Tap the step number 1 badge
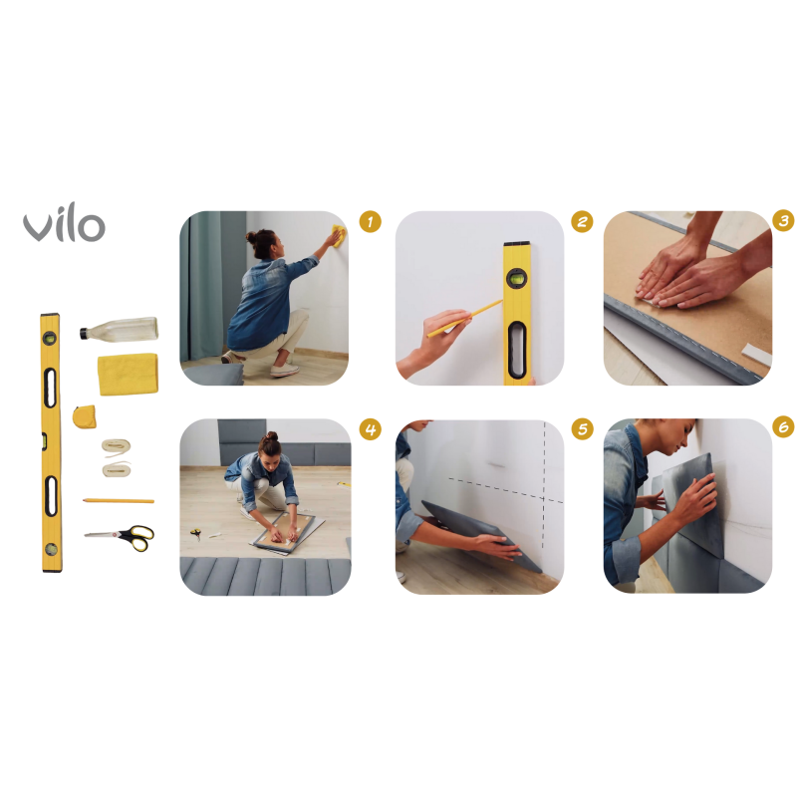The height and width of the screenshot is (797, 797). (370, 221)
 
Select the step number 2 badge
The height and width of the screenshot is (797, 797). (582, 221)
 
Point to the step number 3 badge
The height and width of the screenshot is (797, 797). (783, 221)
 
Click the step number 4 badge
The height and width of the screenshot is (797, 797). (370, 429)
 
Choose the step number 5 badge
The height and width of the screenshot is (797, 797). (582, 429)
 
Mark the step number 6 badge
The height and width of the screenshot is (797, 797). (783, 427)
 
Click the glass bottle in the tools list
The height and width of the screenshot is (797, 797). (119, 329)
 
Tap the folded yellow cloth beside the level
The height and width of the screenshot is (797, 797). (128, 375)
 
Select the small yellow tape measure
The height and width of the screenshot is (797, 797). (85, 416)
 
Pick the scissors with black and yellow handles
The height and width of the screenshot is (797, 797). (121, 537)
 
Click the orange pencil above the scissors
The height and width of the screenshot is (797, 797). (119, 501)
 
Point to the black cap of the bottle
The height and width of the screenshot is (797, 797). (84, 334)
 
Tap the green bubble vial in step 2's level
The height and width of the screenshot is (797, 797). (516, 278)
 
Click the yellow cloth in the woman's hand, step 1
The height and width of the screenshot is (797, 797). (339, 235)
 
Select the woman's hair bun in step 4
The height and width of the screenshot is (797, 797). (271, 436)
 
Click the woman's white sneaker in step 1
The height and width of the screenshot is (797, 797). (285, 370)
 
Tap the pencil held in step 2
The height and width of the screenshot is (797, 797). (464, 319)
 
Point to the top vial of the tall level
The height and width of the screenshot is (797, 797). (49, 338)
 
